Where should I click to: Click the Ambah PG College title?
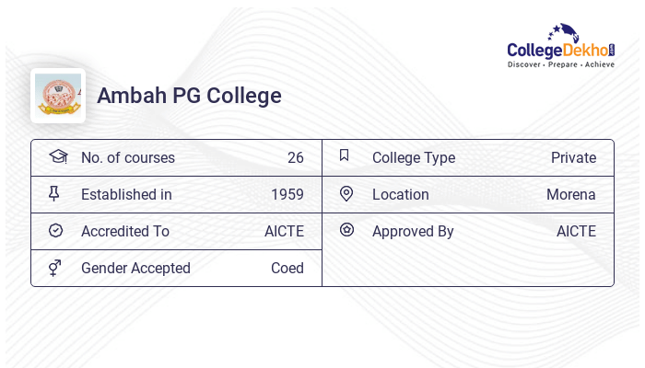tap(189, 96)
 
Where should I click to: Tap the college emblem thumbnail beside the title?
tap(58, 96)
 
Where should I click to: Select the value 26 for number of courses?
tap(295, 157)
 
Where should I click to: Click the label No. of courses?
tap(128, 157)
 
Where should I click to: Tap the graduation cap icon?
tap(58, 156)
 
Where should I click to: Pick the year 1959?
tap(287, 194)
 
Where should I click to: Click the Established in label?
tap(126, 194)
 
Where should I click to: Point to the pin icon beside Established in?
tap(54, 193)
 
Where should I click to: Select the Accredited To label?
tap(125, 231)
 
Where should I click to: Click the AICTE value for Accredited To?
tap(284, 231)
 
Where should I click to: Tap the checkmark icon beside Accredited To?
tap(55, 231)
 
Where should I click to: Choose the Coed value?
tap(287, 268)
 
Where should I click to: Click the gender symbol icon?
tap(55, 268)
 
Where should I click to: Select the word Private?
tap(573, 157)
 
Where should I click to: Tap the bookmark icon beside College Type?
tap(345, 155)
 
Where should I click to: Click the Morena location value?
tap(570, 194)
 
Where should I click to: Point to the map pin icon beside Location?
tap(346, 193)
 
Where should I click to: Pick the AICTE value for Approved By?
tap(576, 231)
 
